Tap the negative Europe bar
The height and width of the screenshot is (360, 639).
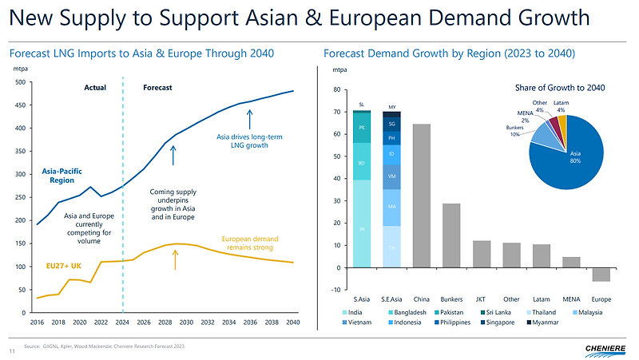601,275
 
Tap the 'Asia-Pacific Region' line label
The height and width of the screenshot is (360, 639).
69,175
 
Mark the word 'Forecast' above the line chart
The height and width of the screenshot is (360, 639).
158,87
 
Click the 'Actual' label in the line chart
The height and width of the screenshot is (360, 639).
95,87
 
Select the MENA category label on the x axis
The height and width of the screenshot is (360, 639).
570,299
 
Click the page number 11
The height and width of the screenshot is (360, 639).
12,350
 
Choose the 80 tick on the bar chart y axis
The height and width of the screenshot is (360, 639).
337,90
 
